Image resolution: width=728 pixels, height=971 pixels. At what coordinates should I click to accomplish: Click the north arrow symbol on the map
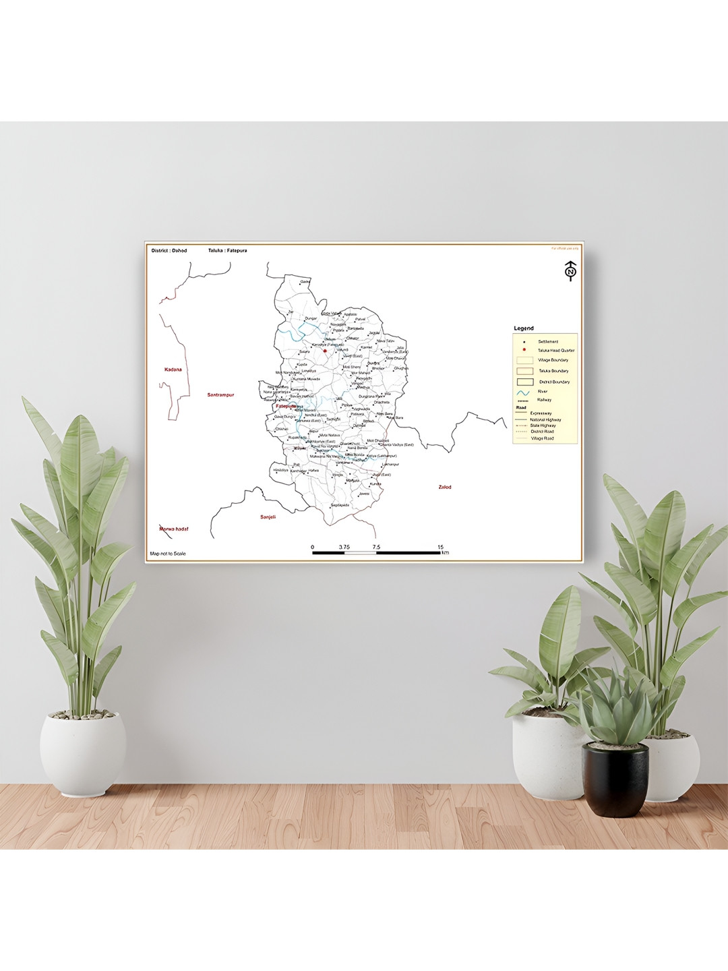[570, 270]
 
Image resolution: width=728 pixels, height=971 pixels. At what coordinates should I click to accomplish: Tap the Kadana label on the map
[173, 370]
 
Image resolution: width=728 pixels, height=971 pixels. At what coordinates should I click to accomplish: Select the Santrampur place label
[220, 395]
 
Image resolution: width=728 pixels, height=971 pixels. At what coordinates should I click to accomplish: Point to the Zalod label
[445, 487]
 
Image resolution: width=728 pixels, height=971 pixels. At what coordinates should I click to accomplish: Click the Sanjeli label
[268, 517]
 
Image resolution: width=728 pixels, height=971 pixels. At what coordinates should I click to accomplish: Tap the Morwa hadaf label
[174, 529]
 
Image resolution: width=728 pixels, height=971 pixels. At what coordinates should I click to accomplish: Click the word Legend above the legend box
[524, 328]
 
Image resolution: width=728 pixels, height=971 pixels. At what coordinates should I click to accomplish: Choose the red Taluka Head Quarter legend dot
[524, 350]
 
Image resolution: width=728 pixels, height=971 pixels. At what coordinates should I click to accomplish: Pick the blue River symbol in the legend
[523, 392]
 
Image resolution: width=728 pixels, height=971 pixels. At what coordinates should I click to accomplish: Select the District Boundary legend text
[554, 382]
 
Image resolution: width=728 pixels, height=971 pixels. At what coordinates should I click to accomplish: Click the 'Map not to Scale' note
[168, 554]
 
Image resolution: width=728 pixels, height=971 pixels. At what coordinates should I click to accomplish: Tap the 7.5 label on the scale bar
[375, 547]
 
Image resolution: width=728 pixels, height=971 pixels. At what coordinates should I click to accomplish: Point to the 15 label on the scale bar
[440, 547]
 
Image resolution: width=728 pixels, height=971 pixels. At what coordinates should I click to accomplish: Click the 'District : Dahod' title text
[169, 250]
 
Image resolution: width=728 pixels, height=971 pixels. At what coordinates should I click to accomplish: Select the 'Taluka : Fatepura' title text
[228, 250]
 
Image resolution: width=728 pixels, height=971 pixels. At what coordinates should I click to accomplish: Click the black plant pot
[615, 778]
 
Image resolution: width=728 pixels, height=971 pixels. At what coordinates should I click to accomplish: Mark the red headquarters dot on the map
[324, 351]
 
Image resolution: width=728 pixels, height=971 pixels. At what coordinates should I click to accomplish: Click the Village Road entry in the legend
[542, 438]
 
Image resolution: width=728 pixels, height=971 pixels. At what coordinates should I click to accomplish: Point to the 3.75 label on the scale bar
[344, 547]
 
